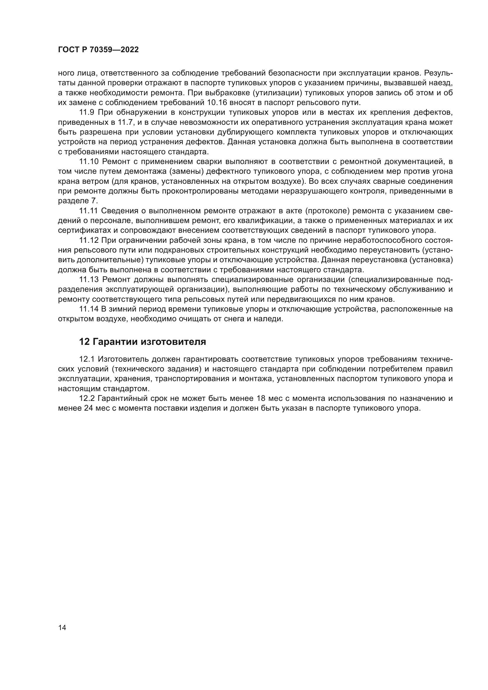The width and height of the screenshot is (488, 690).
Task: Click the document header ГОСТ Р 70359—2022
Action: point(98,50)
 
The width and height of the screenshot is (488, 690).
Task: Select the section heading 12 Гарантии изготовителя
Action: point(143,342)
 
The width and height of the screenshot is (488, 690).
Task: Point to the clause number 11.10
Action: point(89,162)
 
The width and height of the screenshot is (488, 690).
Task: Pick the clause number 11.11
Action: point(88,211)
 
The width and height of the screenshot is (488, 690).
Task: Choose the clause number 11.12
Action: point(89,240)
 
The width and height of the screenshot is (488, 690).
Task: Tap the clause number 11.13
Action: point(89,280)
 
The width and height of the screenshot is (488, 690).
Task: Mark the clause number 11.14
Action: point(89,309)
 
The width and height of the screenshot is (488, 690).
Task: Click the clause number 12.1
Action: point(87,359)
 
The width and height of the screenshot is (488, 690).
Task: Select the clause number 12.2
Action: point(87,399)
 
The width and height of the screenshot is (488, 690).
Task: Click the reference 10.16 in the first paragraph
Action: point(217,103)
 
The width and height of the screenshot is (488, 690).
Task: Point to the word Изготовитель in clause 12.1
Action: point(124,359)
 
